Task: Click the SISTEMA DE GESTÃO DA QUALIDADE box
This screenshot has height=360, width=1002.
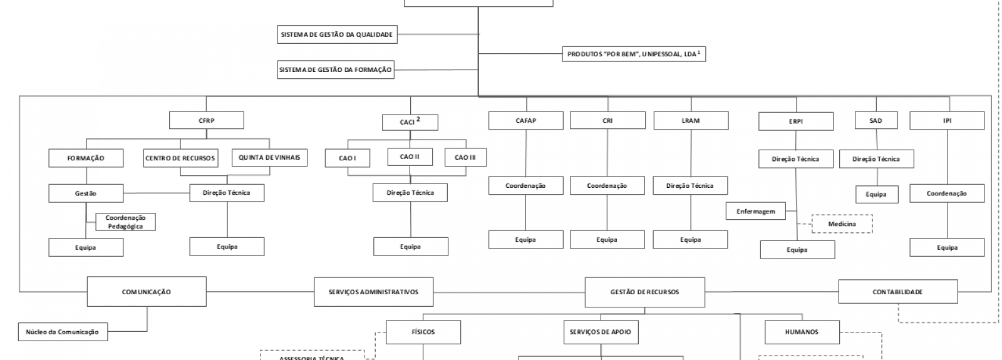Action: point(337,34)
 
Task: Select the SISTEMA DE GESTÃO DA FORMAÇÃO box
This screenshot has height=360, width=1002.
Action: point(336,69)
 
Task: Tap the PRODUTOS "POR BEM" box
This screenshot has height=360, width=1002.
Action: point(634,54)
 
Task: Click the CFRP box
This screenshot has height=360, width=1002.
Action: point(206,120)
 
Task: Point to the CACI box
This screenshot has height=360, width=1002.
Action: point(410,121)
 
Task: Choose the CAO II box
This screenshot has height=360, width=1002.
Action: point(410,157)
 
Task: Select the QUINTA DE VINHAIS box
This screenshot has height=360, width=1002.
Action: point(269,157)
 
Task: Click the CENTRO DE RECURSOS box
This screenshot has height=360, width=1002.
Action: point(180,158)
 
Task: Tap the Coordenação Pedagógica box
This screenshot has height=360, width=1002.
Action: point(125,222)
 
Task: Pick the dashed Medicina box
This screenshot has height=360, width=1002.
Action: point(842,224)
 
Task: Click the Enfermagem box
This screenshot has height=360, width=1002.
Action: point(755,212)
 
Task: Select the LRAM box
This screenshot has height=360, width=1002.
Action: point(691,120)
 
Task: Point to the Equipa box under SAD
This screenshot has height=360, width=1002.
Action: point(875,194)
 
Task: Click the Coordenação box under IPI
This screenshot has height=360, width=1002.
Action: point(946,193)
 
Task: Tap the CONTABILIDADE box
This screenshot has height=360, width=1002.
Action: point(897,292)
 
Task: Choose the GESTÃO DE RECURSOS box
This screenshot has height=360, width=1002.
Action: point(644,292)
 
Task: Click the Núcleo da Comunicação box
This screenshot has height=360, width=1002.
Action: point(62,332)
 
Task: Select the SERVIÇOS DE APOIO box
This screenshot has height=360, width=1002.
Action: point(601,332)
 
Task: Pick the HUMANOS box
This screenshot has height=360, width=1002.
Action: point(802,332)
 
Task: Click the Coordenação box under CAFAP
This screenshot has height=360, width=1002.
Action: point(525,185)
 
